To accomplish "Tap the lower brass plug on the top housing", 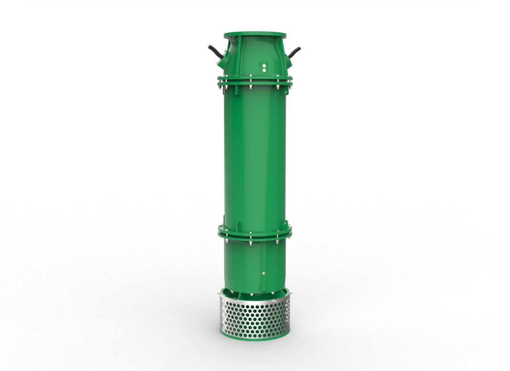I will (264, 70).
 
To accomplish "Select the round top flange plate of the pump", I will (254, 34).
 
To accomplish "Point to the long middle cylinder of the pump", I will (255, 156).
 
